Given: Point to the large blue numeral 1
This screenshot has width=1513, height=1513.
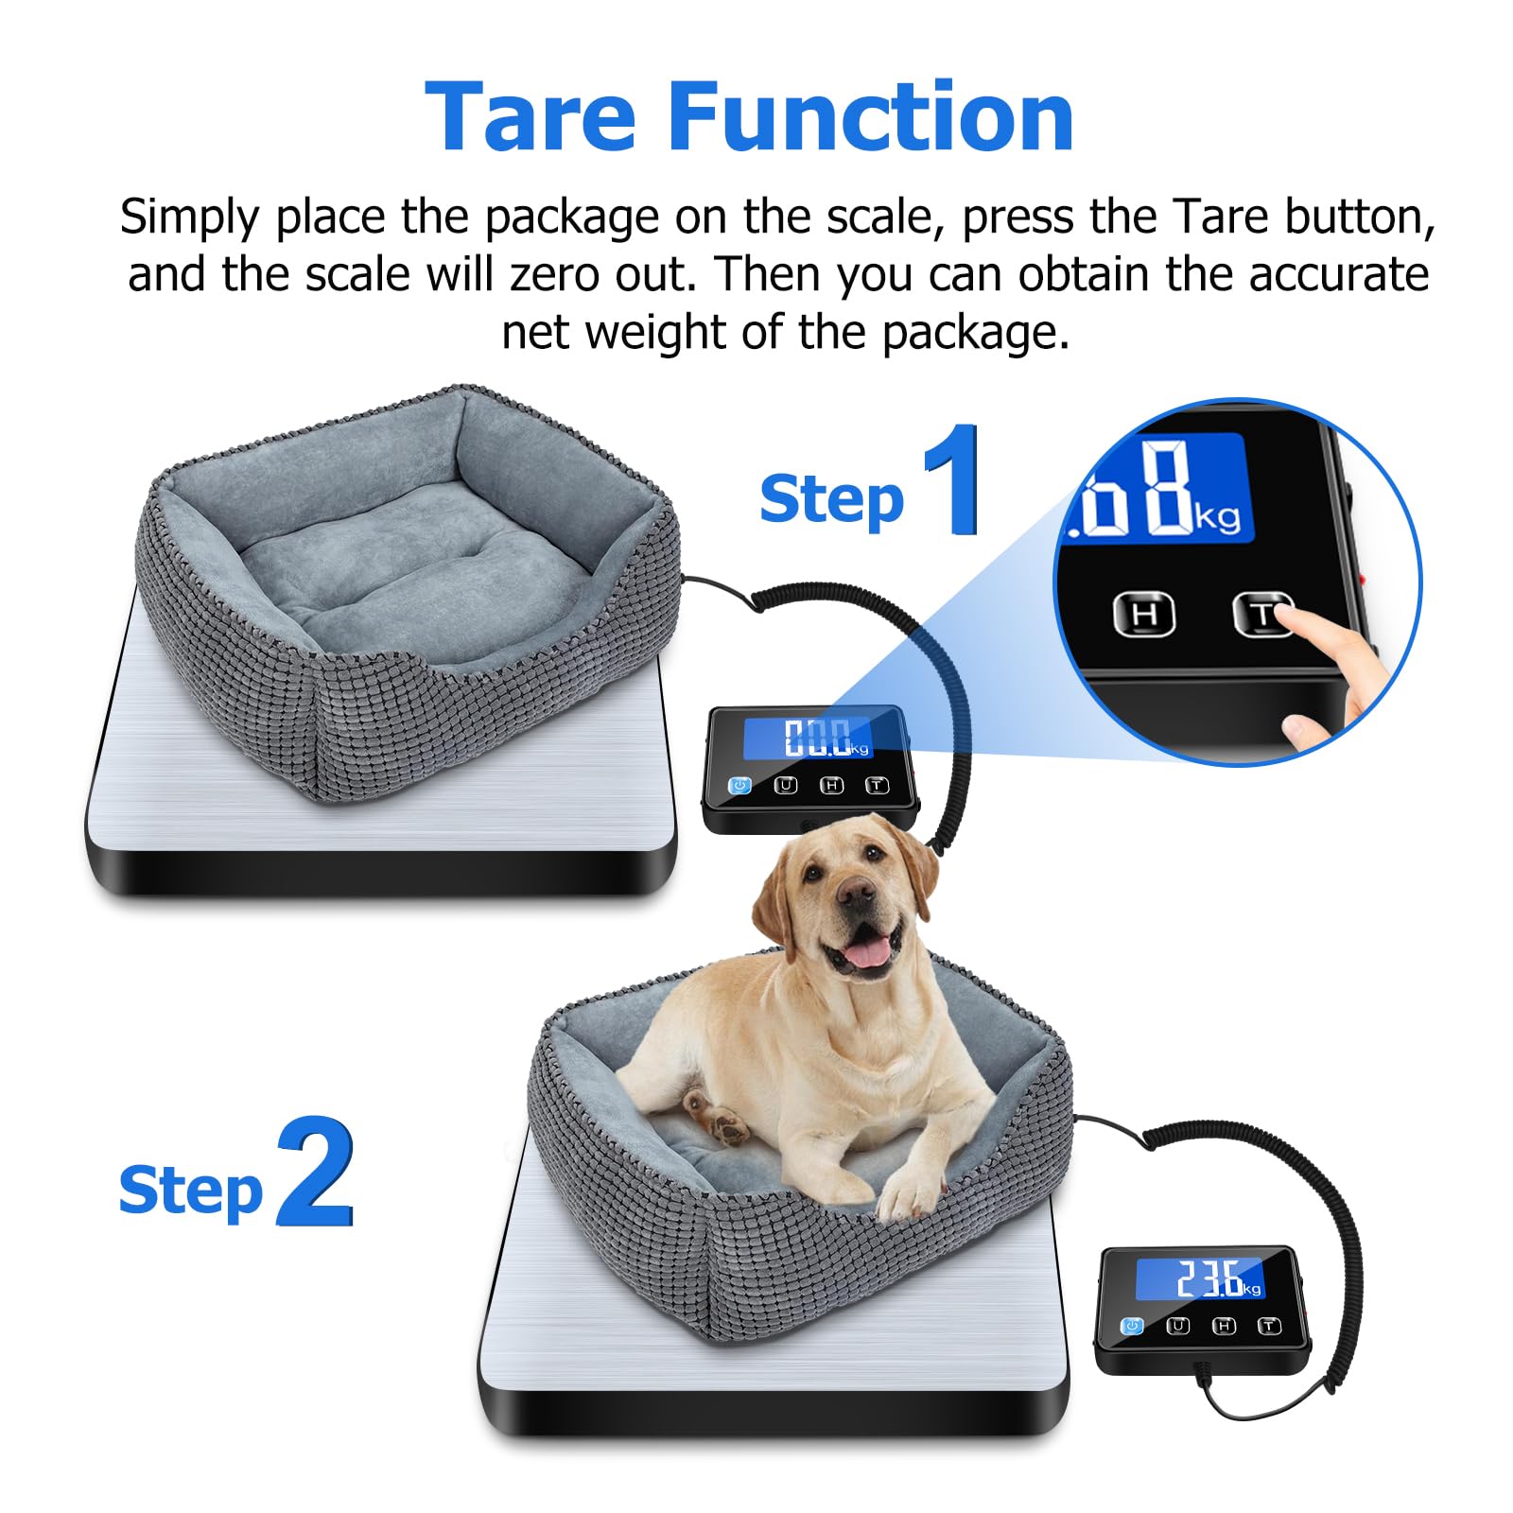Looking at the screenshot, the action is (953, 479).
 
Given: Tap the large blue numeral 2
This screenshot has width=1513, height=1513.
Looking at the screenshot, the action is (315, 1172).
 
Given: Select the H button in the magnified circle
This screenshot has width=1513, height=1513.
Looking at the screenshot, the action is (1143, 614).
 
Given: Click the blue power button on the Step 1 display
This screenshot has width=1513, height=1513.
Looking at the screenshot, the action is (739, 786).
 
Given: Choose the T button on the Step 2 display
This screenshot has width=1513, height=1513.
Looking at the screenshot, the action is (1269, 1327).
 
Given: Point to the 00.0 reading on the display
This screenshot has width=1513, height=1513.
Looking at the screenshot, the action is (816, 738).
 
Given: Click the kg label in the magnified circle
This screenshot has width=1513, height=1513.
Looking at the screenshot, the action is (1218, 517).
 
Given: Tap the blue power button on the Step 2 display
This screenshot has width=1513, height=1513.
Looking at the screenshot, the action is (1132, 1327).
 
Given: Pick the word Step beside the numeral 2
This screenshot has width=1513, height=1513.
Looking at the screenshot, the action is (190, 1191).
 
